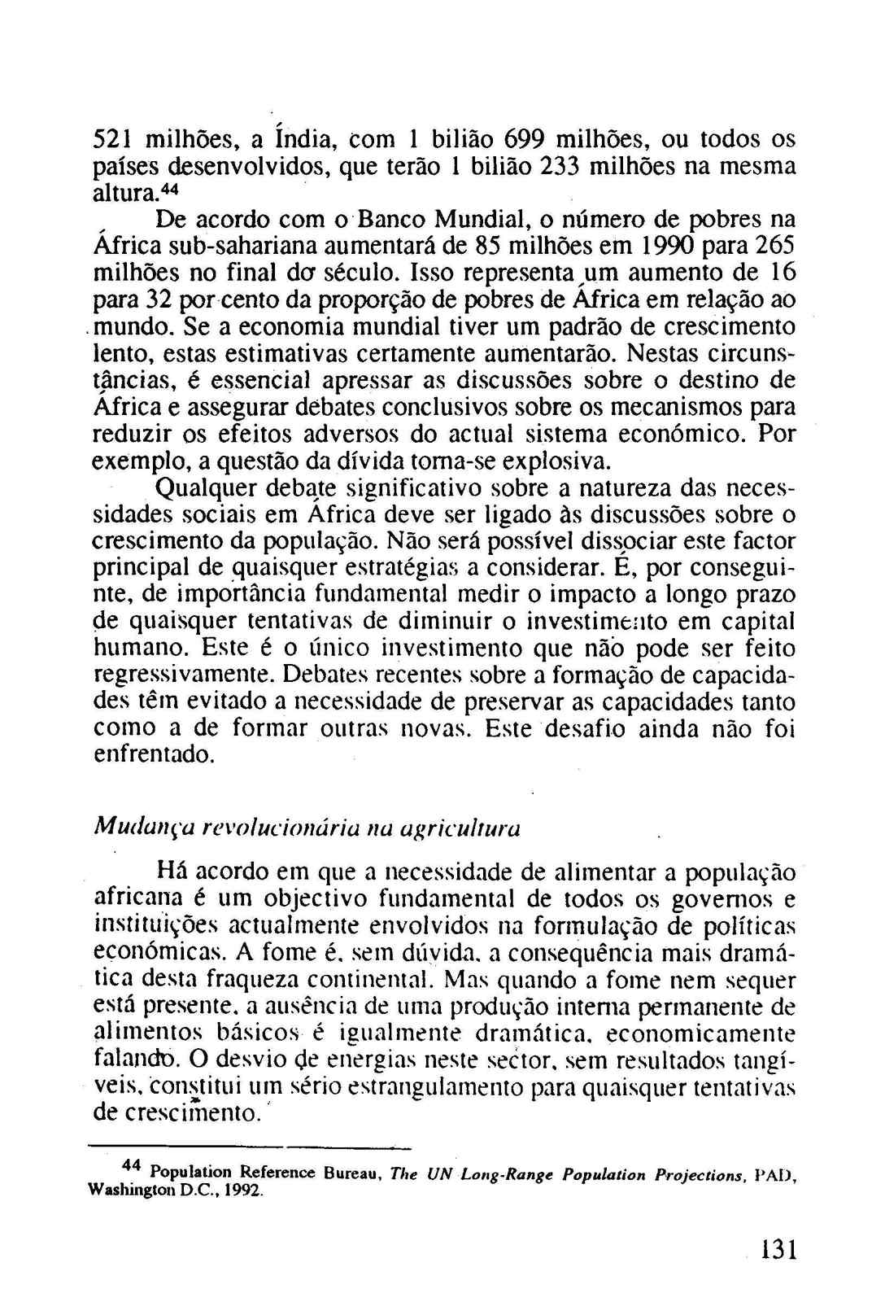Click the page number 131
(778, 1248)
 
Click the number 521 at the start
(109, 139)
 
